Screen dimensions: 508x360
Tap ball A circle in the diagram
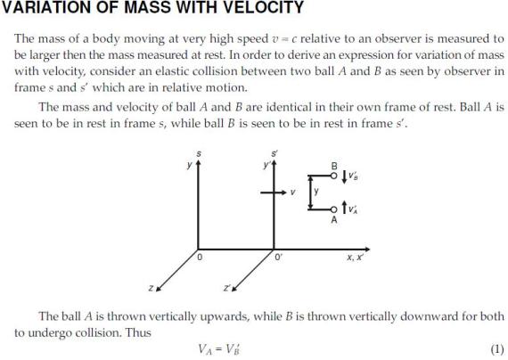point(334,211)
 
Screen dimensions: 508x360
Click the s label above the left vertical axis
point(198,154)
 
